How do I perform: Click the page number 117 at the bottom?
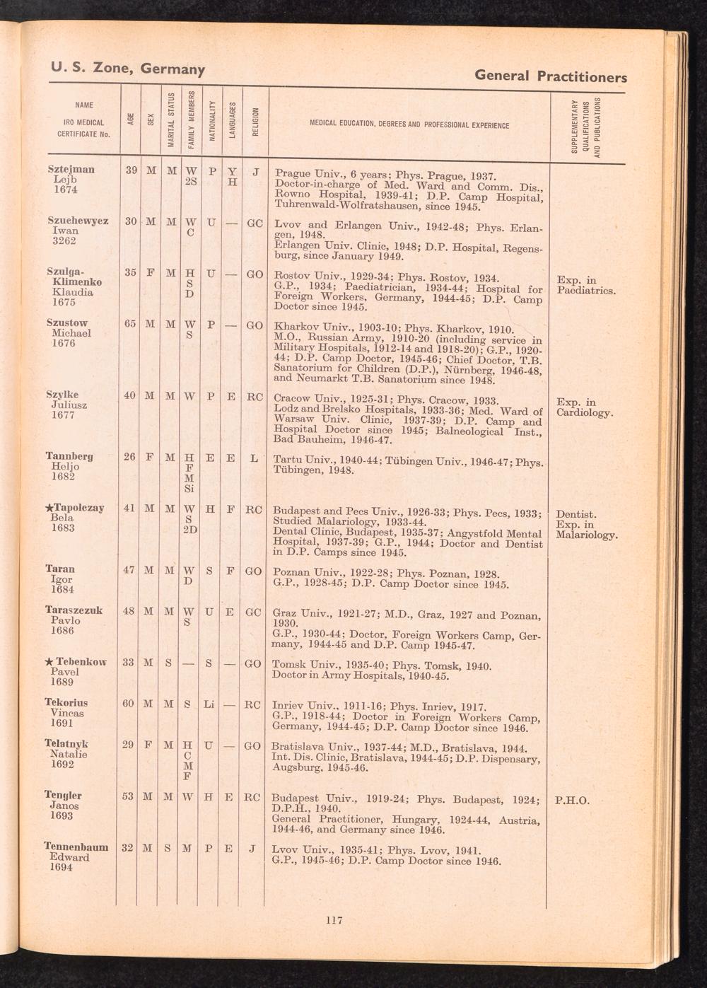click(x=334, y=920)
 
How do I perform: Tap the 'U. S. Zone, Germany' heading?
click(x=127, y=69)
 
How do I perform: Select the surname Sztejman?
click(x=71, y=170)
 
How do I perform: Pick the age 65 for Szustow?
click(x=129, y=324)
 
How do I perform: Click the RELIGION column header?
click(x=256, y=120)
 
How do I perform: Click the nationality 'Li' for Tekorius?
click(x=209, y=704)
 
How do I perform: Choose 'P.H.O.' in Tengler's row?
click(x=573, y=801)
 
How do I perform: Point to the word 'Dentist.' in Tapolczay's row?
click(x=576, y=515)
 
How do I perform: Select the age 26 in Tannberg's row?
click(x=129, y=457)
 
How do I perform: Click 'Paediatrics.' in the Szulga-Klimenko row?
click(x=587, y=291)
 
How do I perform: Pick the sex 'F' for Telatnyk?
click(x=150, y=745)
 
